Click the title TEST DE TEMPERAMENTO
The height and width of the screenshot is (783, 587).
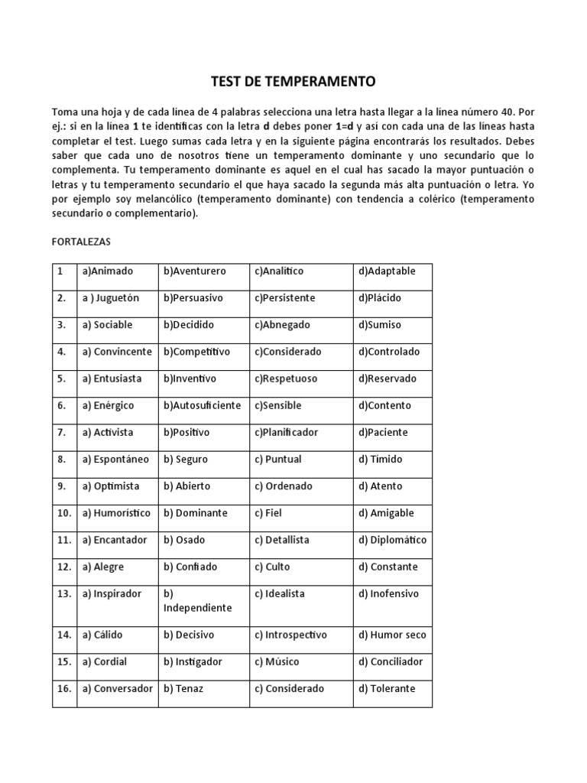click(293, 80)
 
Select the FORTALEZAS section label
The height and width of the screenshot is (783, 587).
click(81, 242)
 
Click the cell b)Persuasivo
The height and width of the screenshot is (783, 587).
click(195, 298)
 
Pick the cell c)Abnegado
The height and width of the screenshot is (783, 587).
click(283, 325)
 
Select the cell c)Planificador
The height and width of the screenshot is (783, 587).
click(286, 432)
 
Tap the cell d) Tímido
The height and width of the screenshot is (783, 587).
click(380, 460)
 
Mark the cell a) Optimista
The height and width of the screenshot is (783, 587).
click(111, 486)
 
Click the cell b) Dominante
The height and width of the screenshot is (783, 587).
click(196, 513)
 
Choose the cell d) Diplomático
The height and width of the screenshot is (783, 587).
click(392, 540)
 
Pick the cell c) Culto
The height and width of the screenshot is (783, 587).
click(273, 567)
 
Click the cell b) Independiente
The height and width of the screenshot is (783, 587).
click(197, 601)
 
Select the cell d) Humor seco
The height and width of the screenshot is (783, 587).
click(392, 635)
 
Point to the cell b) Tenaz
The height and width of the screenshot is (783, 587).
click(183, 688)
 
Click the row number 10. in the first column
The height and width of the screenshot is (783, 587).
click(64, 513)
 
